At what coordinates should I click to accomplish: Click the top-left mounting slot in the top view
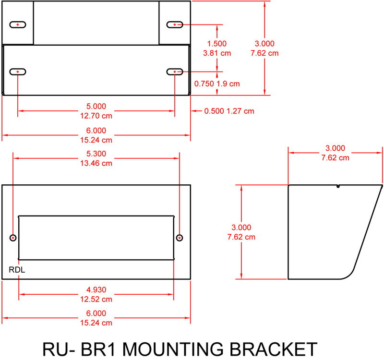18,24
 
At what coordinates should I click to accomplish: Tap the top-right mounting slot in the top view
175,24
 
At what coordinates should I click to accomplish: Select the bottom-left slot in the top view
18,72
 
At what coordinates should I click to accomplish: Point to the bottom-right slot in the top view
175,72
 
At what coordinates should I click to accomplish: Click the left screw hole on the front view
13,238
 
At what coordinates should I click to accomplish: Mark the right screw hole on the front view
180,238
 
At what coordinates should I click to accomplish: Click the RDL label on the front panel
17,270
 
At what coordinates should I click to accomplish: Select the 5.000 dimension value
96,106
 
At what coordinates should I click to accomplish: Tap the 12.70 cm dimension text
96,115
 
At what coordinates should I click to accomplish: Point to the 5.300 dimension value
96,154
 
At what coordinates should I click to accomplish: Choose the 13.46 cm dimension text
96,163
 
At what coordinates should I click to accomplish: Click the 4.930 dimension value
96,289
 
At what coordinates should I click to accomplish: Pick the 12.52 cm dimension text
96,299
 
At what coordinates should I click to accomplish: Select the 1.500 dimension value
217,43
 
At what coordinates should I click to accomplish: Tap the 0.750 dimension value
204,84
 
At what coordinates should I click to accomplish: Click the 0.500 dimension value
214,111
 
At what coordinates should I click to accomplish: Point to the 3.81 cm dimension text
217,53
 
